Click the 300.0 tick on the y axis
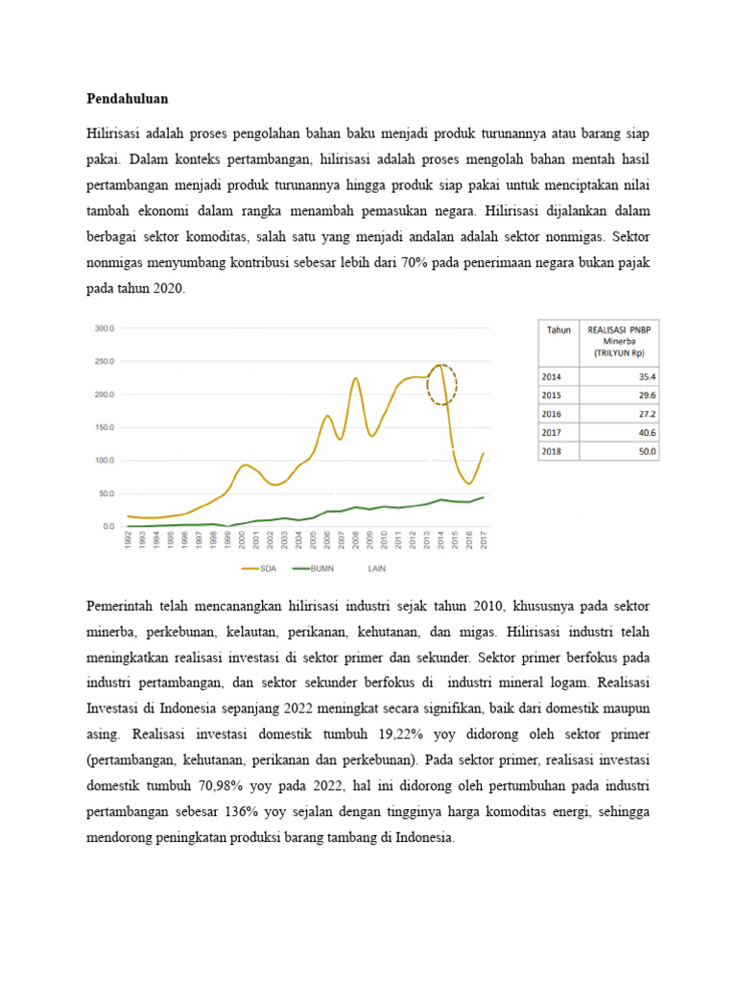click(104, 327)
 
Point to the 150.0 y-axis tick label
click(104, 427)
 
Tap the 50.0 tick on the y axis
click(106, 493)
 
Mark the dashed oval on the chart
click(441, 384)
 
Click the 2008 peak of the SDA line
click(355, 379)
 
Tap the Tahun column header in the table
click(559, 330)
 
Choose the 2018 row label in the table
click(553, 451)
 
